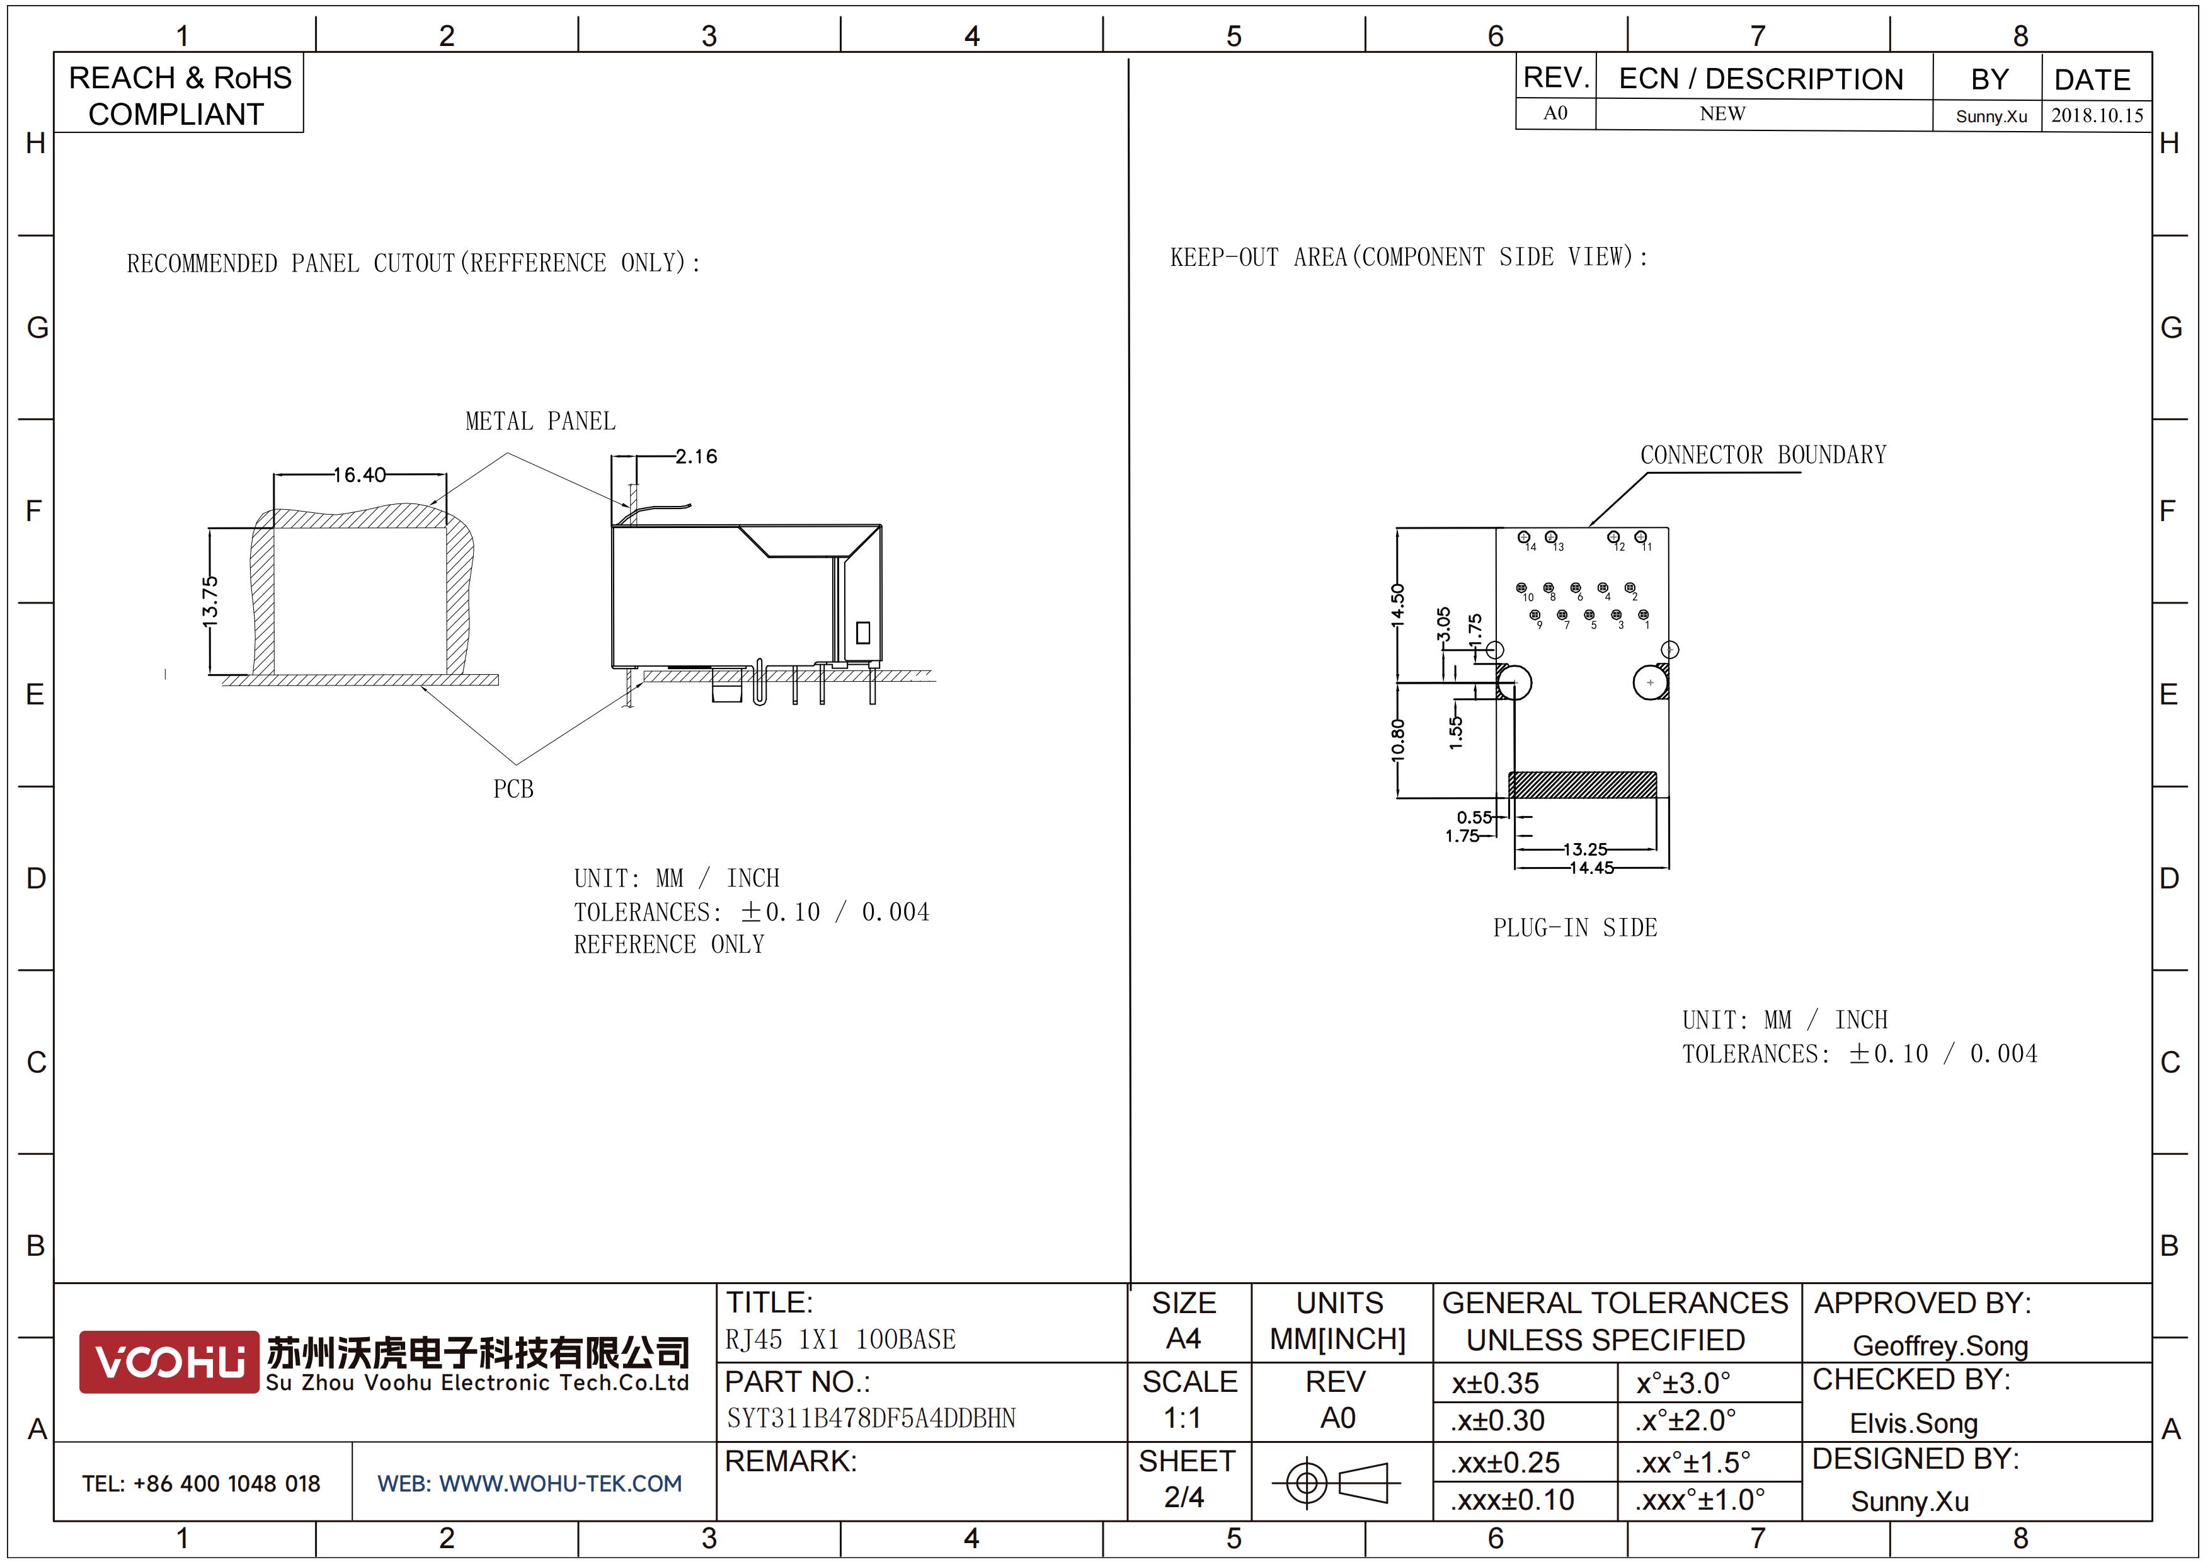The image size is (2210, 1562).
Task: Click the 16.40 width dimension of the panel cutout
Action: (x=360, y=474)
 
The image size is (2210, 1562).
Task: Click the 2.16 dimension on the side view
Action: (x=696, y=456)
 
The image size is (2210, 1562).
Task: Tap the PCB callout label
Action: (x=513, y=789)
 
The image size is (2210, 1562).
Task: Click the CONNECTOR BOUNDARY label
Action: (x=1763, y=455)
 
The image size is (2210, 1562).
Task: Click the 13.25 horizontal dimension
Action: (x=1584, y=849)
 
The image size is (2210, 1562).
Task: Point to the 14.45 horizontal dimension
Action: (x=1591, y=867)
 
